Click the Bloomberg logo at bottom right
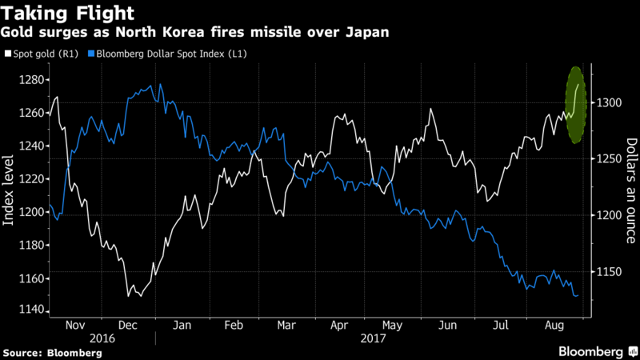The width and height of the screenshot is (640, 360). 591,350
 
